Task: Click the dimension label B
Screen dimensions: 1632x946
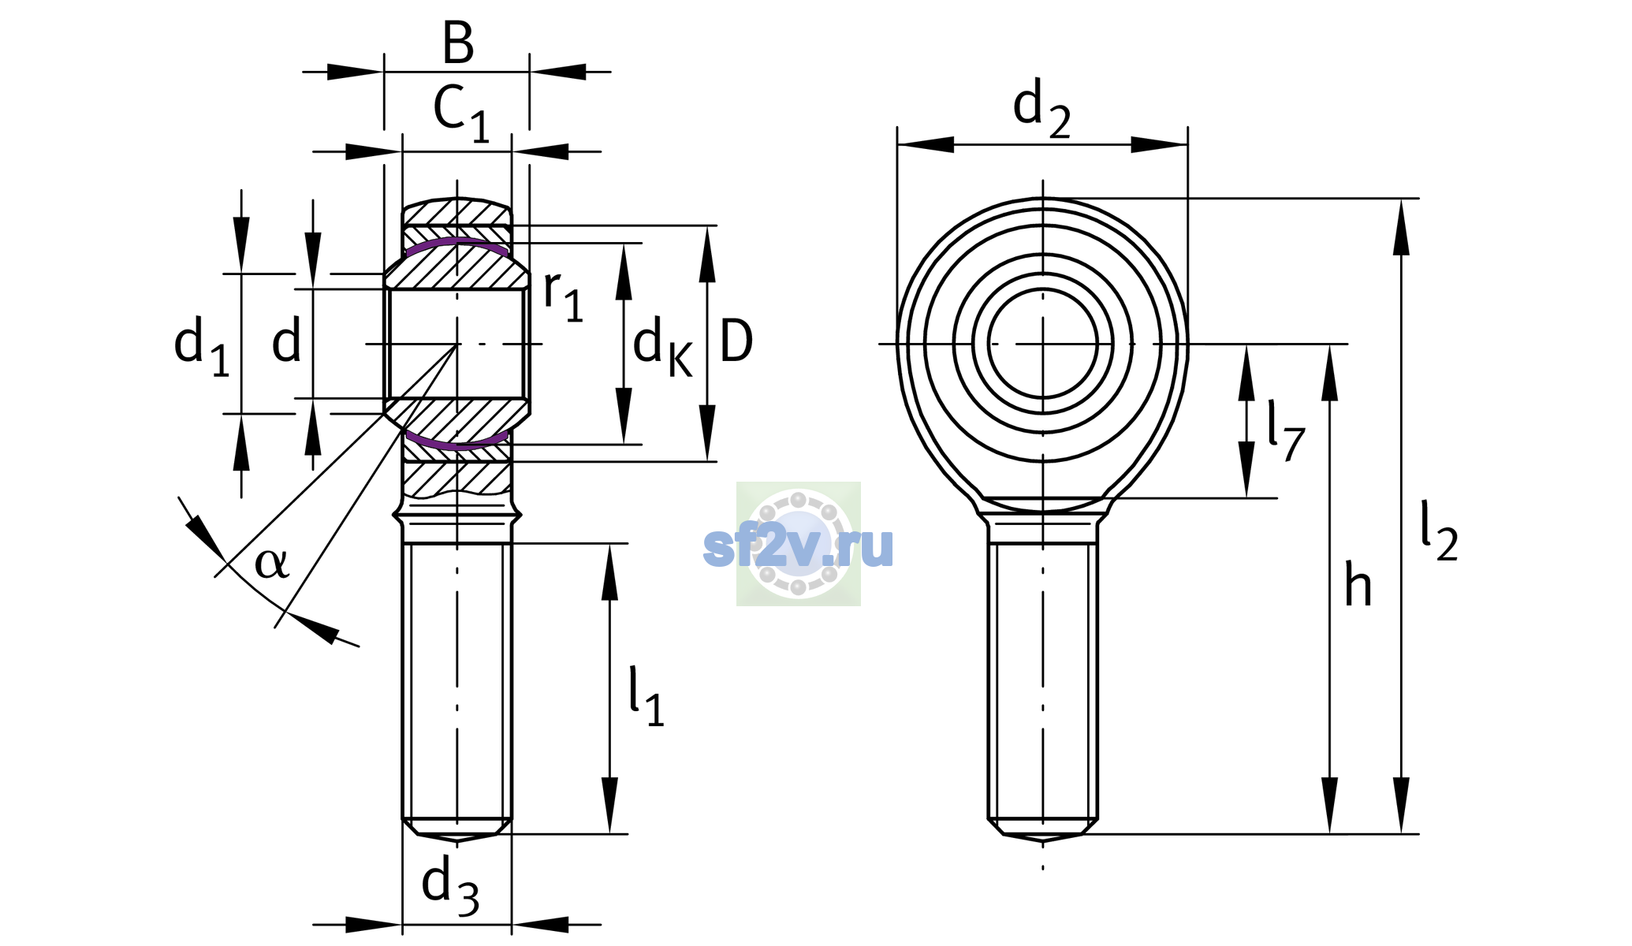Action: point(458,43)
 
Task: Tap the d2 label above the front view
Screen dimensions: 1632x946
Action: point(1041,108)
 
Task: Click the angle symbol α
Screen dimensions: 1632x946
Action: point(272,563)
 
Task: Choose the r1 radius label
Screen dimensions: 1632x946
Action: point(564,296)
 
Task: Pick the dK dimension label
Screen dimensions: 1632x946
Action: point(663,347)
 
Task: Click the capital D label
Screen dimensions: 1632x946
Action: point(736,341)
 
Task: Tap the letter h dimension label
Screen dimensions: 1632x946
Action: point(1358,585)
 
